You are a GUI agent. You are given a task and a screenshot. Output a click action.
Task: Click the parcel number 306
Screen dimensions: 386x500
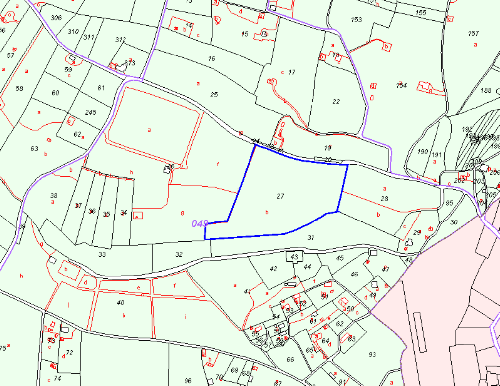click(56, 18)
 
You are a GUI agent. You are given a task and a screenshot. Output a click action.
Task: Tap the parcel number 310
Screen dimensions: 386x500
click(73, 32)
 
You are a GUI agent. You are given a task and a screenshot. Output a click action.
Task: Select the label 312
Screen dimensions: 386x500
click(120, 40)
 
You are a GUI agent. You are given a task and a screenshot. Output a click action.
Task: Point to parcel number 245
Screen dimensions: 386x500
click(90, 112)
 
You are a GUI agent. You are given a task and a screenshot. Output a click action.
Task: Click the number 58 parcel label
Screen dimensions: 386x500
click(19, 89)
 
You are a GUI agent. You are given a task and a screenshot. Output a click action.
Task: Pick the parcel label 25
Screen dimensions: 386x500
click(214, 95)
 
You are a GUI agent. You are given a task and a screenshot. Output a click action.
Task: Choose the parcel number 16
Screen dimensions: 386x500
click(212, 59)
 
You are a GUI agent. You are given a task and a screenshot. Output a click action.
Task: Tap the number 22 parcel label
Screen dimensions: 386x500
click(336, 102)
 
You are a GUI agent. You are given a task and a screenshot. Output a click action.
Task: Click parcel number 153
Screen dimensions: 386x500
click(356, 20)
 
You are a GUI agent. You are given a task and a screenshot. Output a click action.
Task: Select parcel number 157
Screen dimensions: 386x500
click(473, 33)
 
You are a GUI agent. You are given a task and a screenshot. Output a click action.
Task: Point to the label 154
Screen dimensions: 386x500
click(401, 86)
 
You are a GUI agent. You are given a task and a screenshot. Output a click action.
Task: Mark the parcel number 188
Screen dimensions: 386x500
click(486, 90)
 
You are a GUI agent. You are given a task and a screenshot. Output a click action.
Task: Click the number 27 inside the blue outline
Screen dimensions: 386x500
click(280, 196)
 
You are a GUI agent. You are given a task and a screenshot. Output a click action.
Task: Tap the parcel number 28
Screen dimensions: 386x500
click(384, 199)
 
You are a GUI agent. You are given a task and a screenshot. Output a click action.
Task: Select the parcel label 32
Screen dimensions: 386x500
click(179, 254)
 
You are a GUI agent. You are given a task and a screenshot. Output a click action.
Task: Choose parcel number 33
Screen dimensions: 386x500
click(102, 254)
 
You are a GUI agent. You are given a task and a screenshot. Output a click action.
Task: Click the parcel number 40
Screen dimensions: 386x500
click(120, 302)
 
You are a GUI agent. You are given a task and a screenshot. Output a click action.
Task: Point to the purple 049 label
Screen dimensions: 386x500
click(199, 224)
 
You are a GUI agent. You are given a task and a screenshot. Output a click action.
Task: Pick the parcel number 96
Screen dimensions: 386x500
click(188, 381)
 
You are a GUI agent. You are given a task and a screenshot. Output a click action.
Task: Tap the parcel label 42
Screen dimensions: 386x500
click(273, 269)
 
